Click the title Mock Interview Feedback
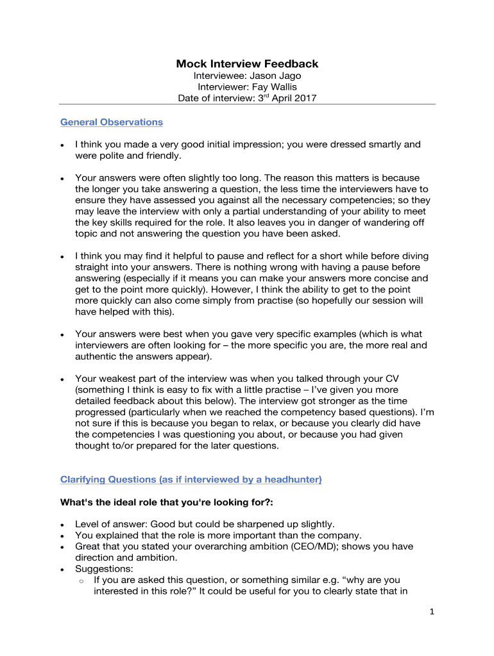pyautogui.click(x=247, y=63)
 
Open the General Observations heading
pyautogui.click(x=111, y=122)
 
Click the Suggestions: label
pyautogui.click(x=104, y=569)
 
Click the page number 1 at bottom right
pyautogui.click(x=432, y=612)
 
